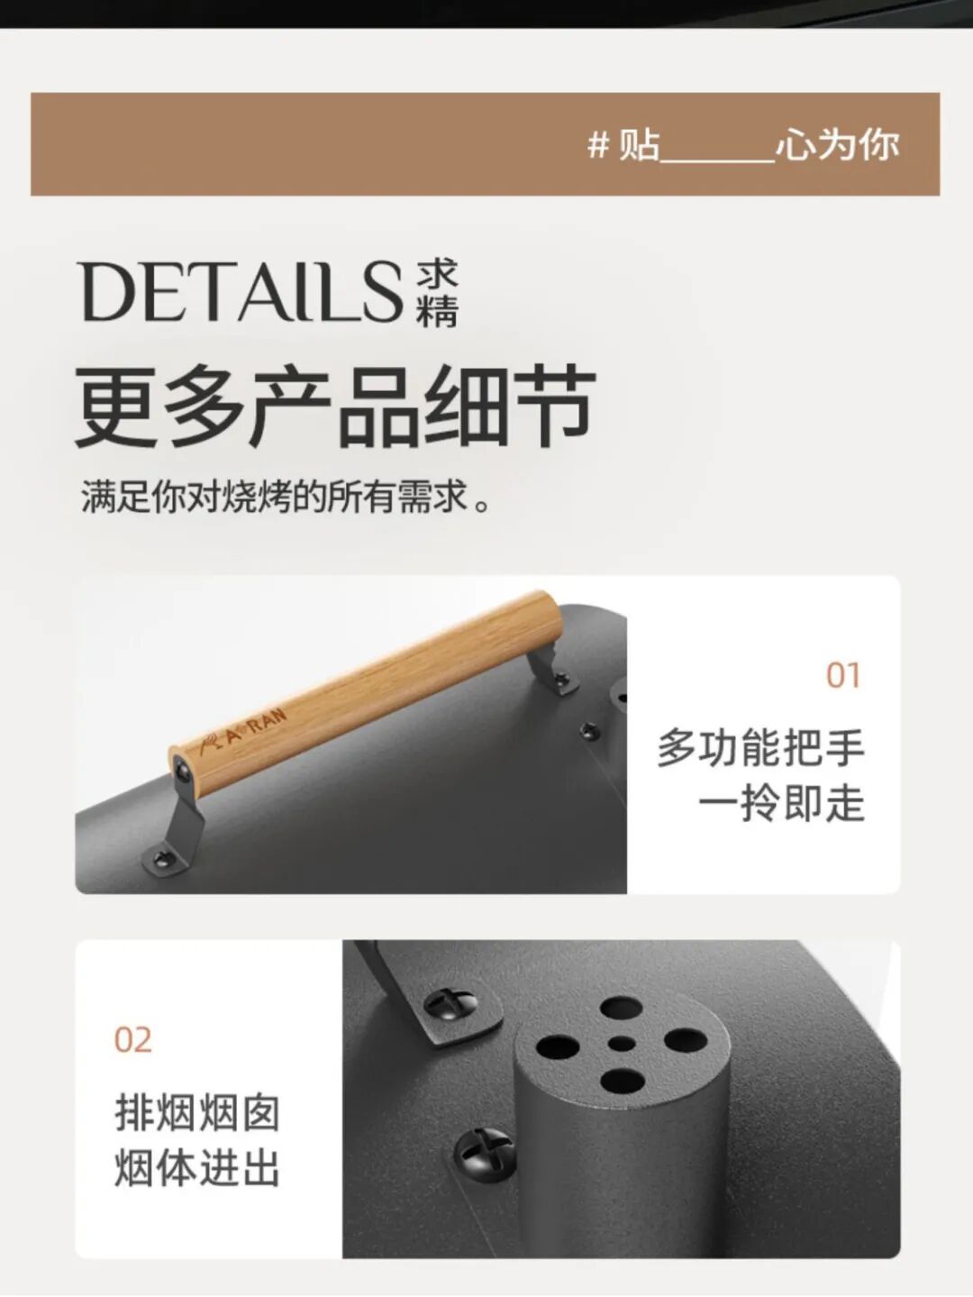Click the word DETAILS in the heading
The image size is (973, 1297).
[x=240, y=292]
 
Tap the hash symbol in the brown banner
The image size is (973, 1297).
[x=597, y=144]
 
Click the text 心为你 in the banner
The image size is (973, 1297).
[x=838, y=144]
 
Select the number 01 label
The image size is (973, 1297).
[x=843, y=676]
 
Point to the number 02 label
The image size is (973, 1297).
[x=132, y=1040]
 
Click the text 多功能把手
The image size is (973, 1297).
[x=760, y=747]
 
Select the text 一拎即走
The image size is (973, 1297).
[x=781, y=803]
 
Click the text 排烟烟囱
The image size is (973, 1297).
[x=197, y=1113]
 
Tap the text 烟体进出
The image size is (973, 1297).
[x=197, y=1169]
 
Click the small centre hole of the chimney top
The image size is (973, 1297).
[x=621, y=1044]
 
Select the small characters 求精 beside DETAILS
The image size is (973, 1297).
[x=438, y=293]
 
